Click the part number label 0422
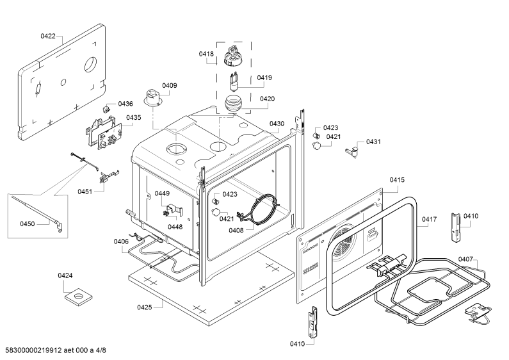pyautogui.click(x=48, y=36)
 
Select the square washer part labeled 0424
pyautogui.click(x=78, y=297)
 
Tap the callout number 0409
pyautogui.click(x=170, y=85)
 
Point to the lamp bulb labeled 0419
pyautogui.click(x=234, y=83)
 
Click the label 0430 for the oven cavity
pyautogui.click(x=277, y=124)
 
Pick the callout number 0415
pyautogui.click(x=397, y=179)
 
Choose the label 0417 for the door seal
pyautogui.click(x=429, y=219)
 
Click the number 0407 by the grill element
pyautogui.click(x=465, y=259)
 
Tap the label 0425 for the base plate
pyautogui.click(x=145, y=307)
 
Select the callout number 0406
pyautogui.click(x=121, y=241)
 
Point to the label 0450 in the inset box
pyautogui.click(x=28, y=224)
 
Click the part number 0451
pyautogui.click(x=85, y=192)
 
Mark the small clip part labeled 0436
pyautogui.click(x=106, y=108)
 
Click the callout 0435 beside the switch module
pyautogui.click(x=134, y=117)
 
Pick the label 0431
pyautogui.click(x=373, y=142)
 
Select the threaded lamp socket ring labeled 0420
pyautogui.click(x=232, y=104)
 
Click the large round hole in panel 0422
pyautogui.click(x=90, y=65)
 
